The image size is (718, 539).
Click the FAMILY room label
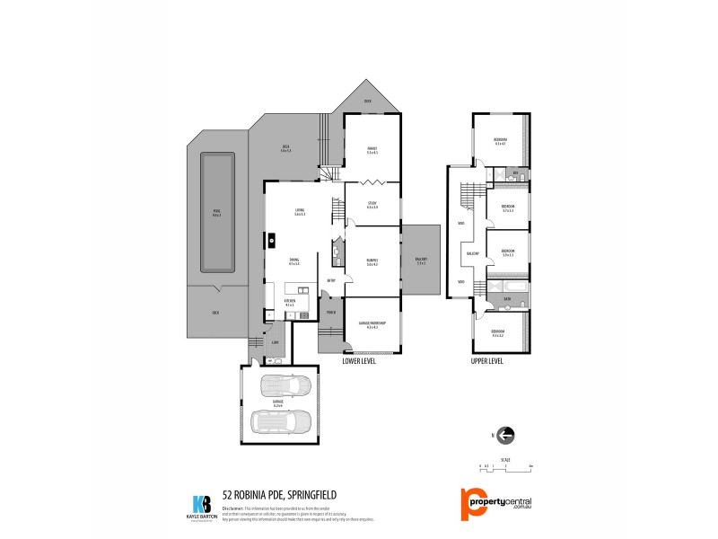[x=372, y=149]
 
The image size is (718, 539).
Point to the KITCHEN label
[x=290, y=304]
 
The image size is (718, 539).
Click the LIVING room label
[x=300, y=213]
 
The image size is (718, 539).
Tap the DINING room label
[x=293, y=262]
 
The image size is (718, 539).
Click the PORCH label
[x=330, y=312]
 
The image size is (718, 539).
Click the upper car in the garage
[x=285, y=387]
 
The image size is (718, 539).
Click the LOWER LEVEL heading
[x=359, y=361]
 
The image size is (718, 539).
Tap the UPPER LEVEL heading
[x=487, y=361]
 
